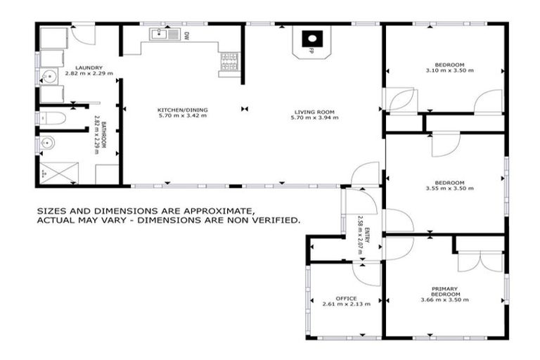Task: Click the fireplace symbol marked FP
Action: (309, 41)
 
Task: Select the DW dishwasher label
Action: (186, 34)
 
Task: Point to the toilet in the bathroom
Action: (54, 117)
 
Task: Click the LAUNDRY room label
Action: (89, 67)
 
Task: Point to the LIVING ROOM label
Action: (314, 111)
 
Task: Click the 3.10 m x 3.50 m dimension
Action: (449, 70)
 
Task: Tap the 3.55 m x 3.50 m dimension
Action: (449, 188)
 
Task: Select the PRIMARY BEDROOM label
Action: (444, 291)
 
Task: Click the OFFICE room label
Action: (346, 298)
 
